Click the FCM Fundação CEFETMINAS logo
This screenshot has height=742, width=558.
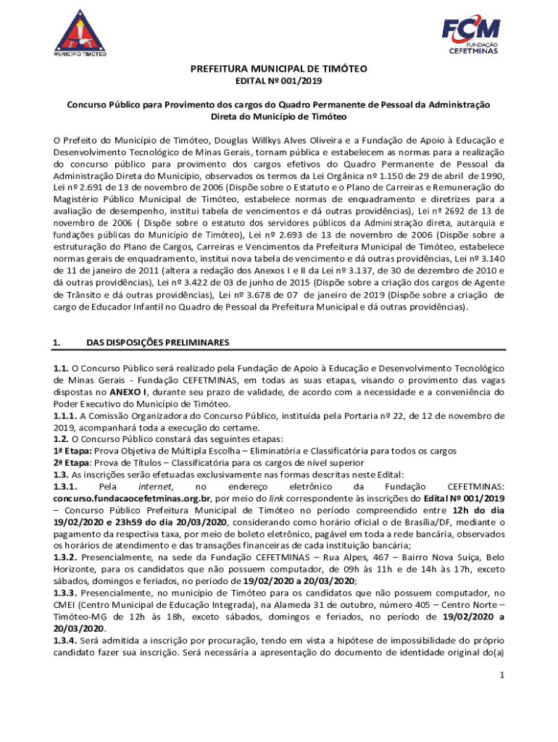[x=471, y=32]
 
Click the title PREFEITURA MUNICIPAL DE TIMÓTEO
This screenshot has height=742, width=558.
[x=279, y=69]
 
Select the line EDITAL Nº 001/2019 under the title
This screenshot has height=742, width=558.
[x=279, y=82]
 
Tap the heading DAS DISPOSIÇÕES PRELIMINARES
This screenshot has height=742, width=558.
[x=158, y=341]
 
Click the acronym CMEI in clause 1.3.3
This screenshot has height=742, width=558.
[x=65, y=604]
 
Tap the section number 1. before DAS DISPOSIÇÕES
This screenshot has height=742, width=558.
[x=56, y=341]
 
